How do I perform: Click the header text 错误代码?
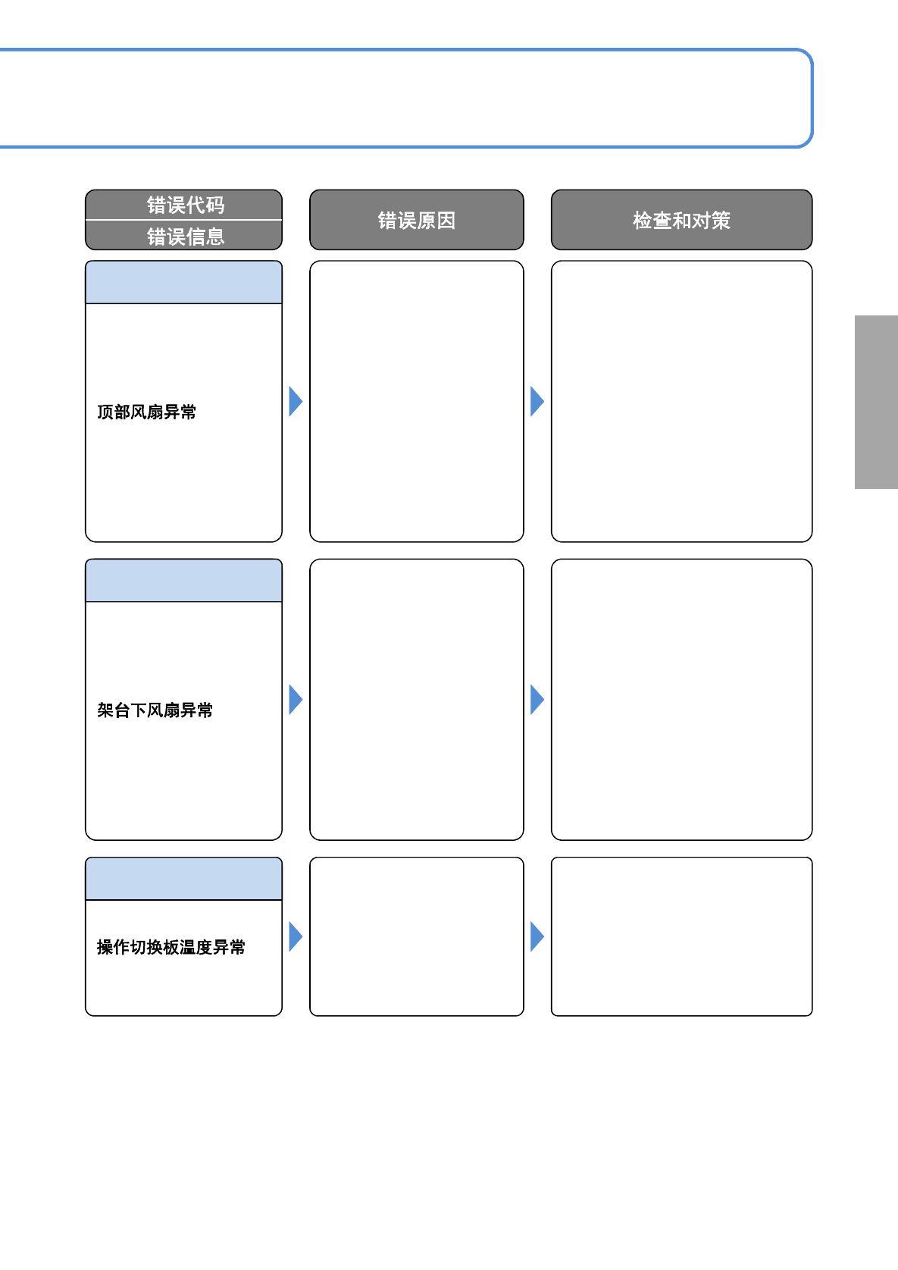186,205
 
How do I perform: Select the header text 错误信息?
186,237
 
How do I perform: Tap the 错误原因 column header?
417,221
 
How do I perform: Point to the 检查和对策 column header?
681,221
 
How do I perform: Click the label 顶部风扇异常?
147,412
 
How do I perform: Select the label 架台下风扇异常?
155,710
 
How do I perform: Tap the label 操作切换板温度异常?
171,947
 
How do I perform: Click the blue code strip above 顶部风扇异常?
183,282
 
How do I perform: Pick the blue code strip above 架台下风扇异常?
183,581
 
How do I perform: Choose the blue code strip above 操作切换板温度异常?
183,879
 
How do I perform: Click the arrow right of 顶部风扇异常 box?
296,401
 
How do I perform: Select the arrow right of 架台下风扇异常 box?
296,700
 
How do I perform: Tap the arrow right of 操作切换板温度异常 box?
296,936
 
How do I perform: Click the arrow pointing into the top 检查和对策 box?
537,401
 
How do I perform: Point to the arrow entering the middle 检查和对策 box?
537,700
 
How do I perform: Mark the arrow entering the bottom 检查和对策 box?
537,936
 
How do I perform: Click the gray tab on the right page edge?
876,402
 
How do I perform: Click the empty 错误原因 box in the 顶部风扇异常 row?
417,401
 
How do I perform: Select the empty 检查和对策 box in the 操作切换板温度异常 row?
681,936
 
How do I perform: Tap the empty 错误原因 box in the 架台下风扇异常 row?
417,700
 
